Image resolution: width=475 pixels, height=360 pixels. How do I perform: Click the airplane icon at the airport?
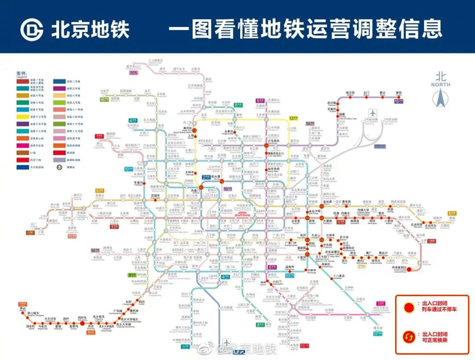pyautogui.click(x=372, y=112)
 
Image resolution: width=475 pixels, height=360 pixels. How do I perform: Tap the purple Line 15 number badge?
pyautogui.click(x=399, y=102)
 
